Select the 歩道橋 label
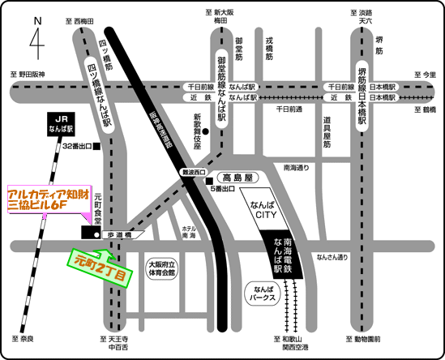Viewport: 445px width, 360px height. tap(122, 235)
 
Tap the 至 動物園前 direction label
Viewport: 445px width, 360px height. tap(363, 337)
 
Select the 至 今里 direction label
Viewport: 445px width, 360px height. tap(422, 75)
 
